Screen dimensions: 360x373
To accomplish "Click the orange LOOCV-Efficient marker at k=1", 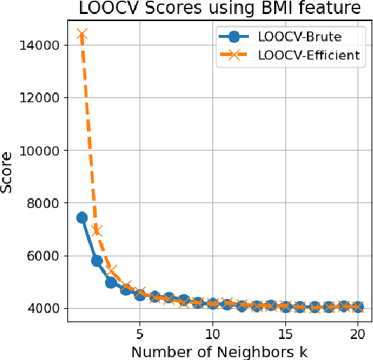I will [x=82, y=35].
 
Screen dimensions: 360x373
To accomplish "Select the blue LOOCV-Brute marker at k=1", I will [x=82, y=218].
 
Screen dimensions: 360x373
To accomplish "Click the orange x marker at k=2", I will [x=97, y=230].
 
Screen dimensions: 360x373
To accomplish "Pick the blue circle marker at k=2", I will [x=97, y=261].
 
